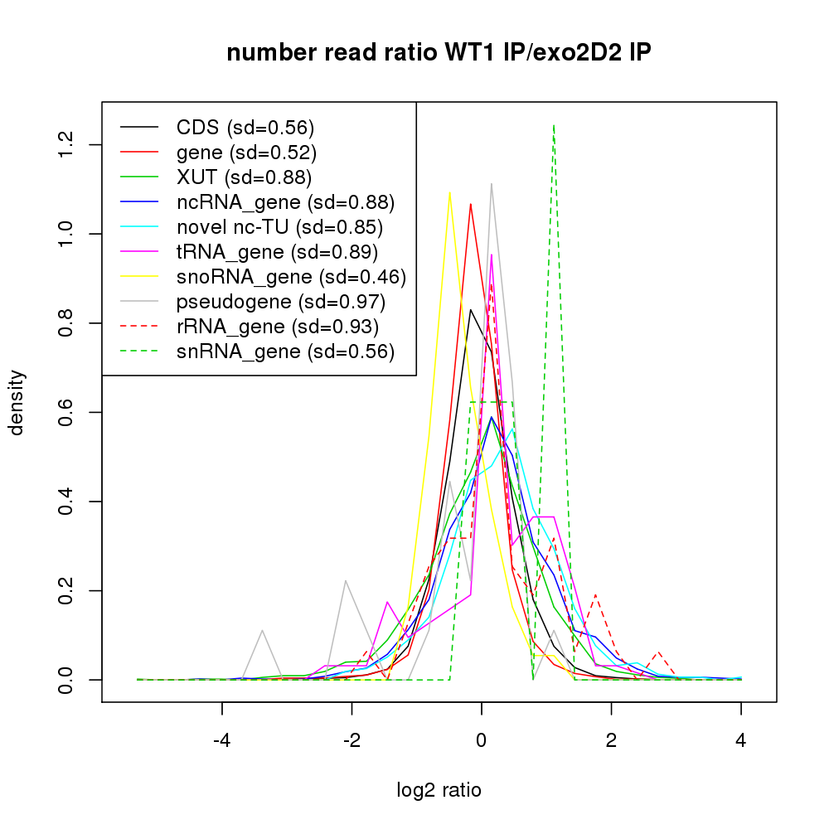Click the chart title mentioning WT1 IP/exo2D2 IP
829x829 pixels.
coord(439,53)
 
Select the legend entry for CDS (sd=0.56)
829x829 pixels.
coord(245,128)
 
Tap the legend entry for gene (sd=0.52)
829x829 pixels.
coord(246,153)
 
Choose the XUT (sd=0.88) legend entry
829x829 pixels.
coord(244,177)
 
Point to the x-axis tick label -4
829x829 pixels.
coord(221,740)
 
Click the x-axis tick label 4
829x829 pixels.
coord(740,740)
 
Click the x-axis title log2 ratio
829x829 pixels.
coord(439,790)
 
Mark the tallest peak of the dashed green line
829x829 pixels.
coord(553,125)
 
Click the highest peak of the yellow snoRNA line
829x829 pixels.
coord(449,192)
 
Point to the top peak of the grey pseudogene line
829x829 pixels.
coord(492,184)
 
